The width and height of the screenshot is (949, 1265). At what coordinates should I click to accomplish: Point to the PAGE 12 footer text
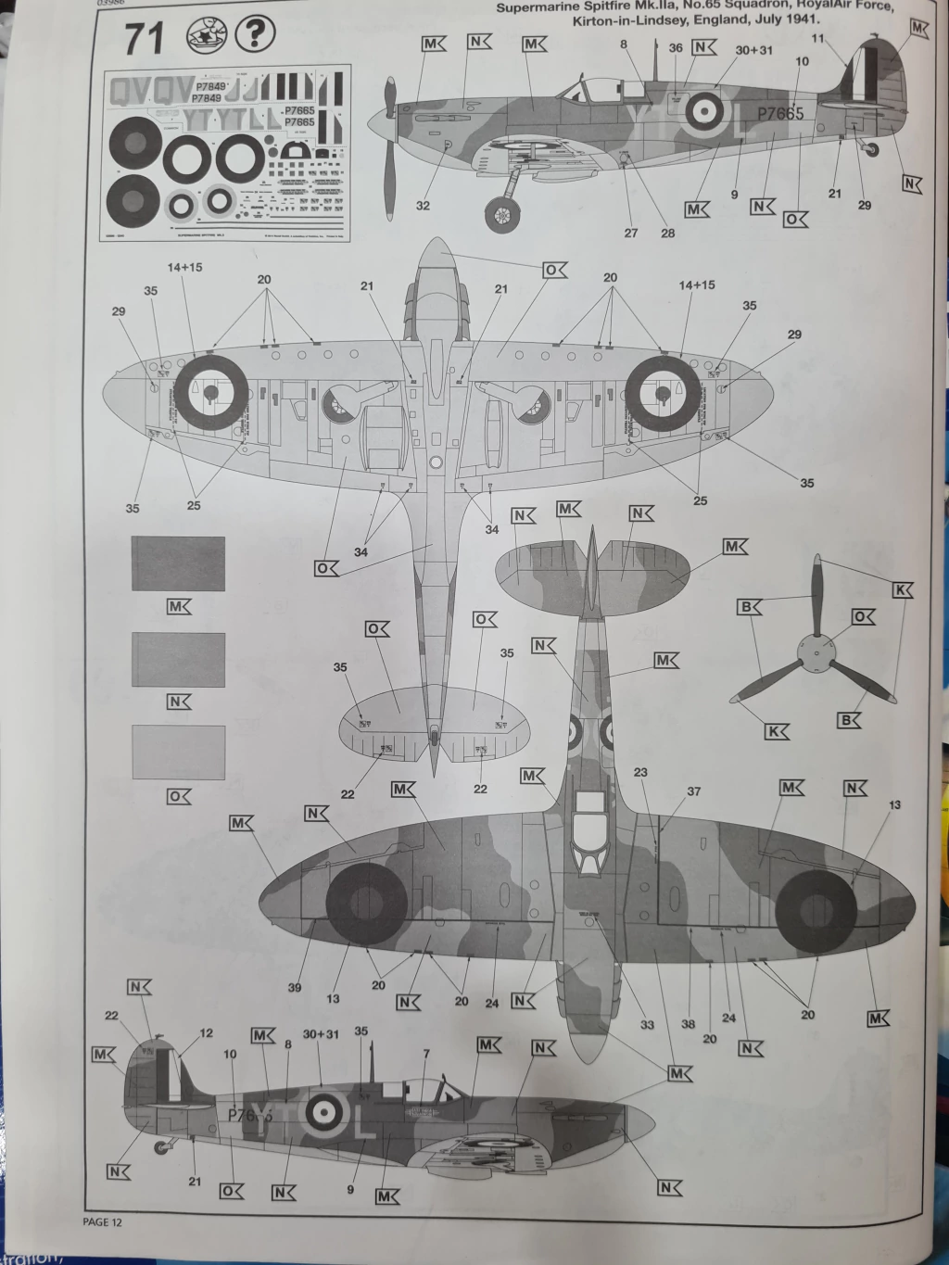click(102, 1222)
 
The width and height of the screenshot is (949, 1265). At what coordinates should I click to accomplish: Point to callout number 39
click(295, 988)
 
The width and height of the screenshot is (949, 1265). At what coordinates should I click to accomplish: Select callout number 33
click(647, 1024)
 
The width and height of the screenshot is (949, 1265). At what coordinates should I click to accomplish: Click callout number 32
click(423, 206)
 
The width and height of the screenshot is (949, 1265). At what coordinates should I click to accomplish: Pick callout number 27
click(631, 234)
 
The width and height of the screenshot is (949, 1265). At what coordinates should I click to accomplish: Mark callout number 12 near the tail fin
click(206, 1033)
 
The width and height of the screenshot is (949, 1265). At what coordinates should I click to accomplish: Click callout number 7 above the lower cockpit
click(425, 1054)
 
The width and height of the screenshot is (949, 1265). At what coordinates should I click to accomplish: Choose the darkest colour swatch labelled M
click(178, 563)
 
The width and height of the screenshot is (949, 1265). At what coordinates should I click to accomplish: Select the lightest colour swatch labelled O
click(178, 752)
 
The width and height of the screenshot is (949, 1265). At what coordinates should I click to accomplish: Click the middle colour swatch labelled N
click(178, 659)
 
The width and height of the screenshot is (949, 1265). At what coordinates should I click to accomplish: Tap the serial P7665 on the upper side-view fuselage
click(780, 114)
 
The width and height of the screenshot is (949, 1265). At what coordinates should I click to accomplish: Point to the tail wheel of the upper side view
click(873, 148)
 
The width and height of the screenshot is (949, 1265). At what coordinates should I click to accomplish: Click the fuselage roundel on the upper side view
click(704, 112)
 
